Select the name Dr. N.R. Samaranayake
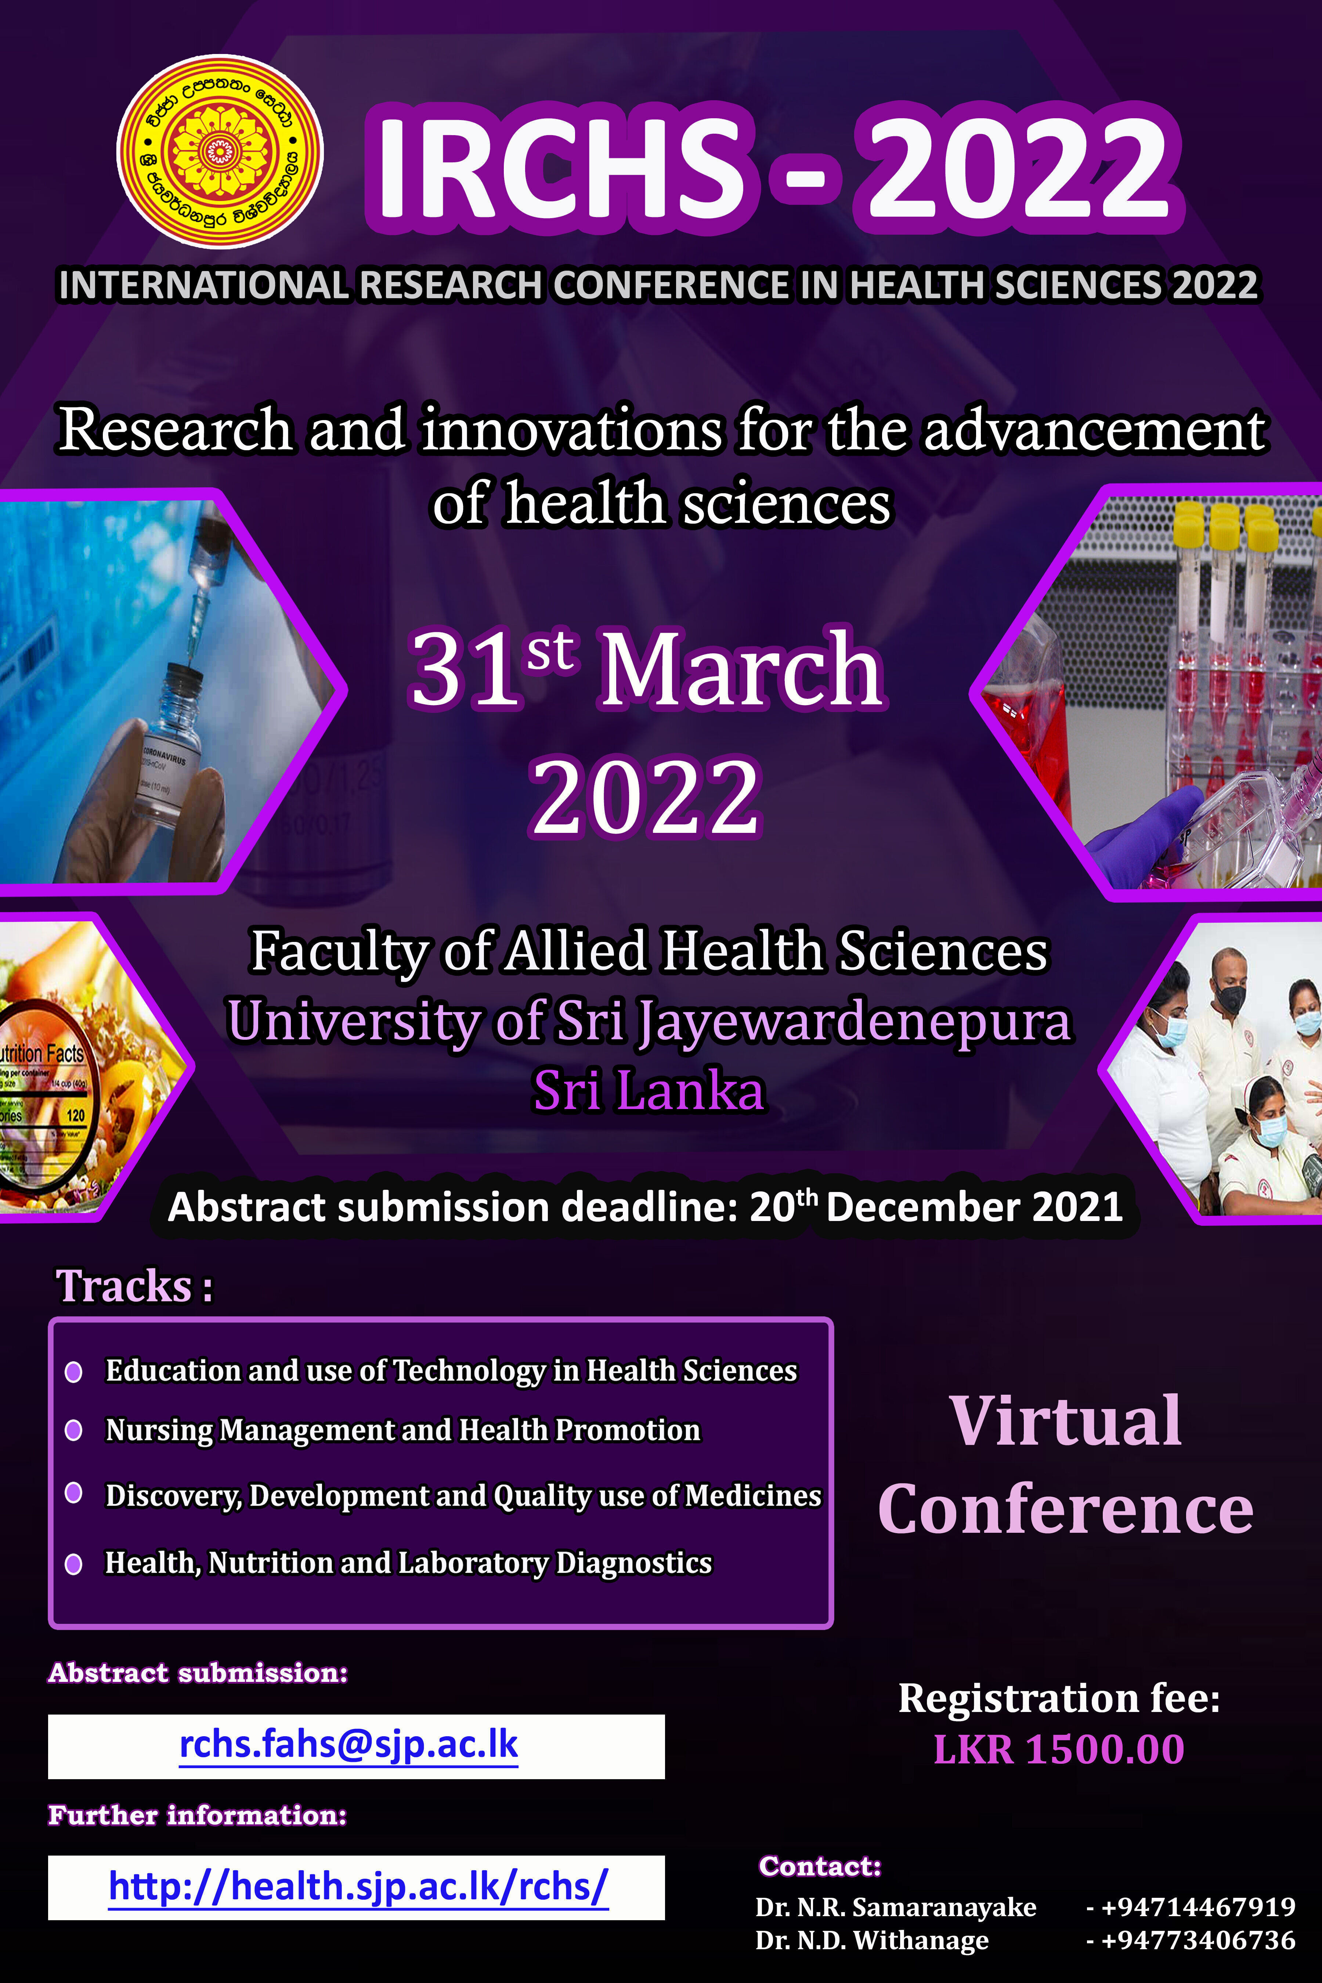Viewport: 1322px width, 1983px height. [895, 1907]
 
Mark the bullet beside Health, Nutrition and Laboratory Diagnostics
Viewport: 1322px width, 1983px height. [73, 1564]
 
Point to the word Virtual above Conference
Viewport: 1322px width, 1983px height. [1065, 1421]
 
